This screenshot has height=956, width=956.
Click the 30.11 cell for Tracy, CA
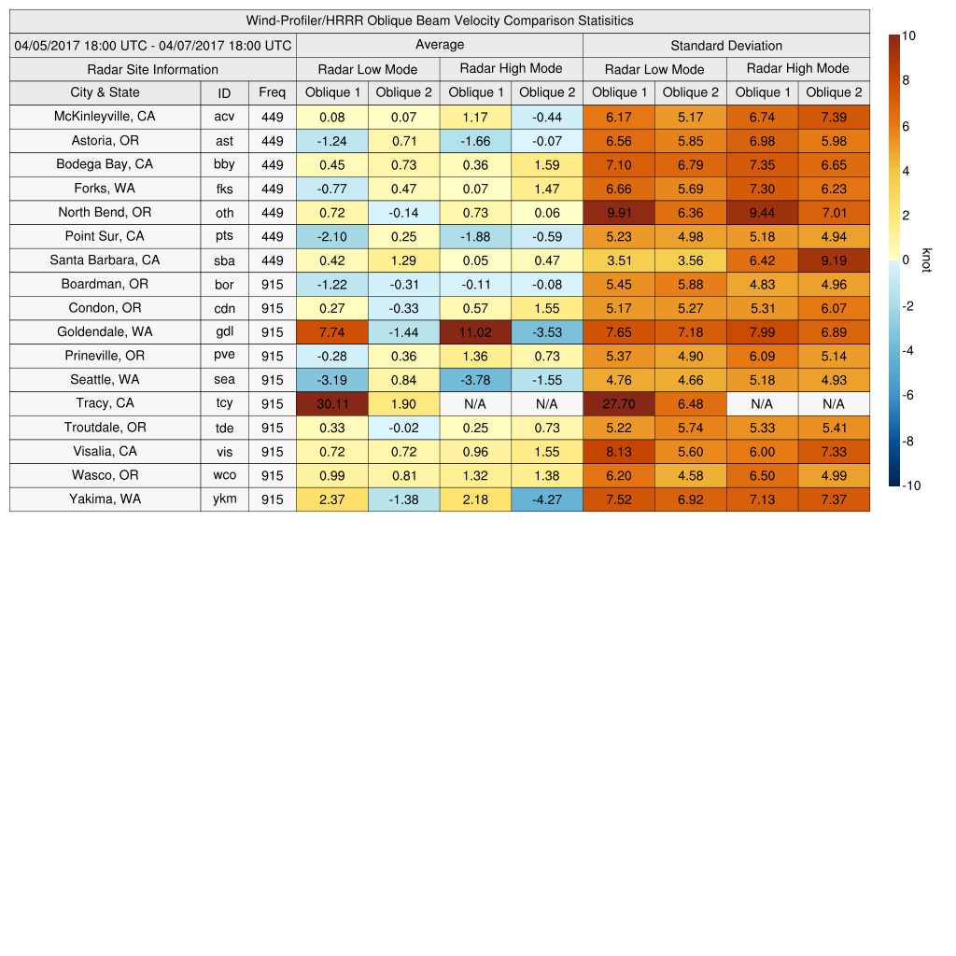pyautogui.click(x=331, y=403)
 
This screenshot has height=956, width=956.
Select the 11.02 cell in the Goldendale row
pyautogui.click(x=475, y=331)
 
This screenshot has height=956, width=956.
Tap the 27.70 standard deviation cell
pyautogui.click(x=618, y=403)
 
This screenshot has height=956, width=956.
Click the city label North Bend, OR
pyautogui.click(x=105, y=212)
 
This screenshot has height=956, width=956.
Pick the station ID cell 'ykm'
pyautogui.click(x=224, y=499)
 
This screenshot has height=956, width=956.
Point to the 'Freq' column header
pyautogui.click(x=272, y=92)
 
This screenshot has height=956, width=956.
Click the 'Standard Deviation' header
pyautogui.click(x=725, y=46)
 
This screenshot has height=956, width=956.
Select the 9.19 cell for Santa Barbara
pyautogui.click(x=833, y=260)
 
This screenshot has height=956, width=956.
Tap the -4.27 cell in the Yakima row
pyautogui.click(x=546, y=499)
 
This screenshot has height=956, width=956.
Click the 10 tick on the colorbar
pyautogui.click(x=908, y=35)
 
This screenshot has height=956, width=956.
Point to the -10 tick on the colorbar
pyautogui.click(x=911, y=485)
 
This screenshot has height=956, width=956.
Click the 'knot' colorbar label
pyautogui.click(x=926, y=260)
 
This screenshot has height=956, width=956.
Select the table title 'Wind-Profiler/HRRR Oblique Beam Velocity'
pyautogui.click(x=439, y=21)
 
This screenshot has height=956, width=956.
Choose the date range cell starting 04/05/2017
pyautogui.click(x=152, y=45)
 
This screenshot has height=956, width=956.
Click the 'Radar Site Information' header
pyautogui.click(x=152, y=69)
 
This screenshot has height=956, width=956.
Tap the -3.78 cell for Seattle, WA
pyautogui.click(x=475, y=380)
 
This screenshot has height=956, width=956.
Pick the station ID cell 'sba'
pyautogui.click(x=224, y=260)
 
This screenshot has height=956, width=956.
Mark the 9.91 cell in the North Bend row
pyautogui.click(x=618, y=212)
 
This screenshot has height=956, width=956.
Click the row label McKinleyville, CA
pyautogui.click(x=105, y=116)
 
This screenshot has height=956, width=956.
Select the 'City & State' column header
pyautogui.click(x=105, y=92)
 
